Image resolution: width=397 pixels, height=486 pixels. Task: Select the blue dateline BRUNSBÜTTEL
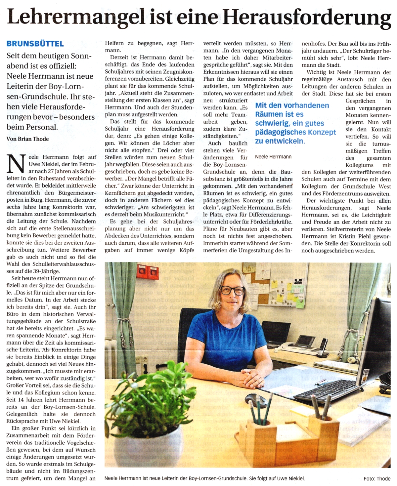click(35, 44)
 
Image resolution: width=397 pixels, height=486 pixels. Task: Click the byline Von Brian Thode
click(27, 139)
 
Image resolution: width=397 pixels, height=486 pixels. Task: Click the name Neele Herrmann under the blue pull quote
click(273, 157)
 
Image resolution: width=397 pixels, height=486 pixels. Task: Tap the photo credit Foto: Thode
click(377, 478)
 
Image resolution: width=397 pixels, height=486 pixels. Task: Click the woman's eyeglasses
click(233, 291)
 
